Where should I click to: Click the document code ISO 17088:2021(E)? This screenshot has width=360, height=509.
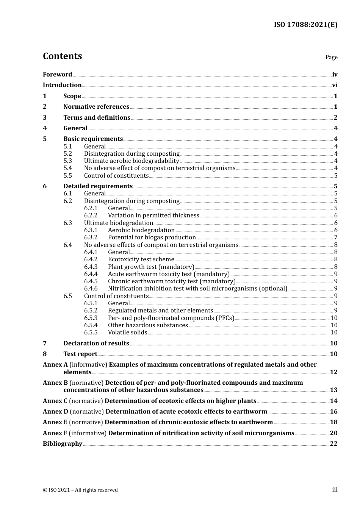305,25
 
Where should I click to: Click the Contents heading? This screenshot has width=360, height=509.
62,56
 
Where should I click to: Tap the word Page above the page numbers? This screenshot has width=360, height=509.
331,57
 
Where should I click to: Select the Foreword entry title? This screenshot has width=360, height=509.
57,75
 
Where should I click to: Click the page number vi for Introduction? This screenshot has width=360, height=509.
335,85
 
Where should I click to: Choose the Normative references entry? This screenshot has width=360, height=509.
96,107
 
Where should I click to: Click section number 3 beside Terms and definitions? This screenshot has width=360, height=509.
45,118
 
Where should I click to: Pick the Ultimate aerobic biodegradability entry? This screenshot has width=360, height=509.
131,161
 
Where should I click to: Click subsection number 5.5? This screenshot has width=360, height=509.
67,176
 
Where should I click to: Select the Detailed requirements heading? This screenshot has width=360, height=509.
98,186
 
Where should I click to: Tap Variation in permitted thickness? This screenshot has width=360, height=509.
153,215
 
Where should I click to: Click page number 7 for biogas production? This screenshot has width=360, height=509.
336,237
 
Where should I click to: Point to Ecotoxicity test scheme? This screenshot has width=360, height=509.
141,259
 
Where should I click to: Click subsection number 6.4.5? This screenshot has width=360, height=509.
91,281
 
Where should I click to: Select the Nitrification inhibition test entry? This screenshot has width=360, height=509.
197,289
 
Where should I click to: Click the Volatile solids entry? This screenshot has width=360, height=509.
127,333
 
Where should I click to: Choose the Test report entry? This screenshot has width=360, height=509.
80,354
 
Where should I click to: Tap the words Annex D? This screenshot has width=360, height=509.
55,412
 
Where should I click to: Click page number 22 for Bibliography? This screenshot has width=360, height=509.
333,444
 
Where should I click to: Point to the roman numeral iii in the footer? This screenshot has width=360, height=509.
335,490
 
